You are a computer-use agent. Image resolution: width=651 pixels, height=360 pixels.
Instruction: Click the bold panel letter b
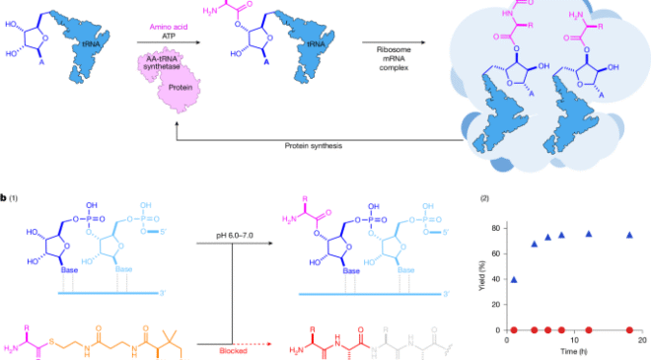[x=4, y=198]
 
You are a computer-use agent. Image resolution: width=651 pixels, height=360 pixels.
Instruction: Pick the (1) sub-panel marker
[x=15, y=198]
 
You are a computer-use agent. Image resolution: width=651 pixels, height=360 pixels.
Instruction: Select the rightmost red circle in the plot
[x=628, y=329]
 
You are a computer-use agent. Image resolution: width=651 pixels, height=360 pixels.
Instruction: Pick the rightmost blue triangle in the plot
[x=628, y=235]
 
